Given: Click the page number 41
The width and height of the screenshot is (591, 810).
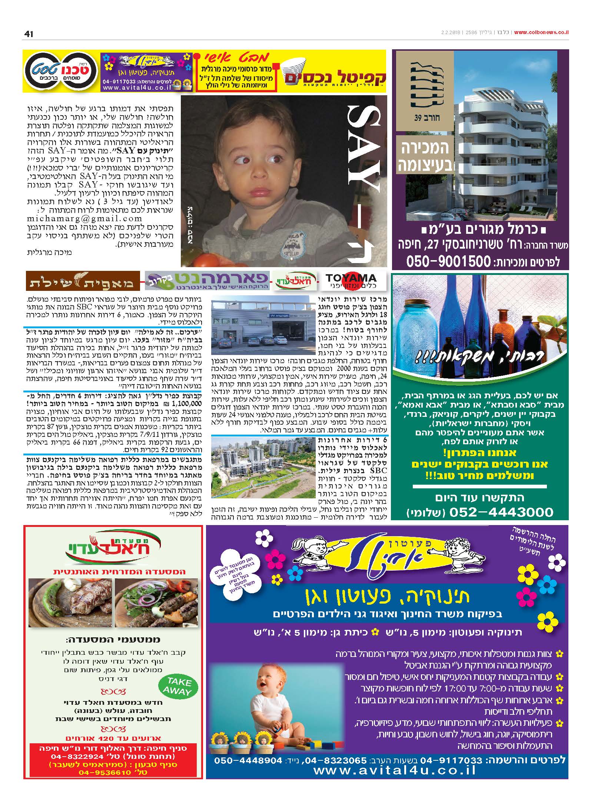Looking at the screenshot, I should click(x=29, y=34).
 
